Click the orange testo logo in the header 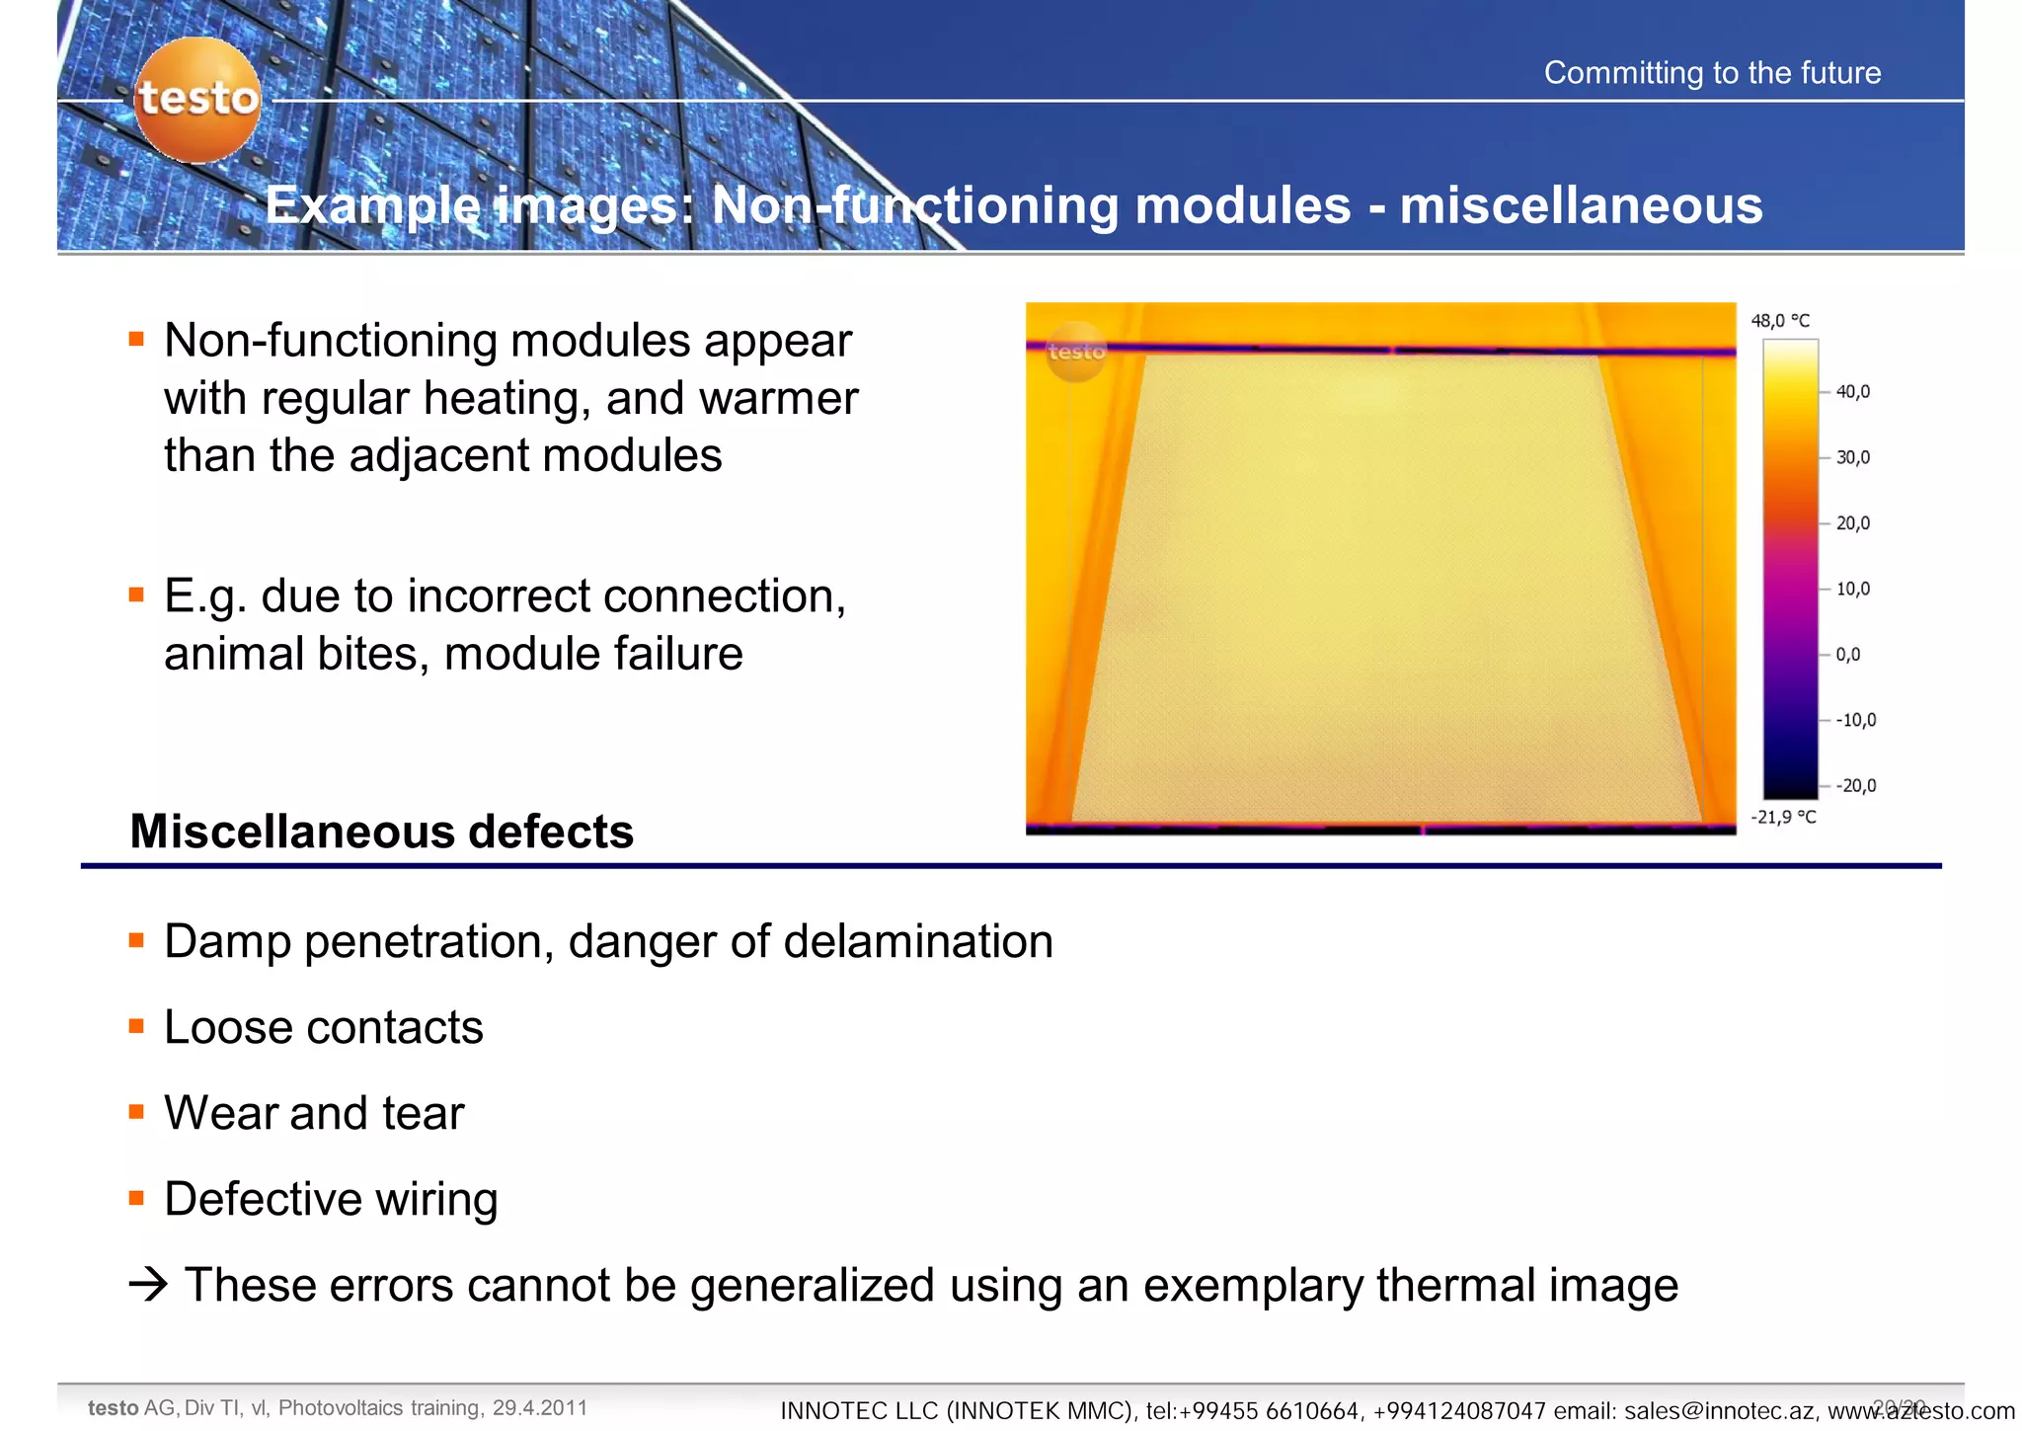tap(197, 99)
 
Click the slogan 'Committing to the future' tap(1712, 73)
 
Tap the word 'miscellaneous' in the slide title tap(1581, 205)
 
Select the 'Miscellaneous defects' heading tap(381, 832)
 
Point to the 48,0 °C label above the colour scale tap(1780, 321)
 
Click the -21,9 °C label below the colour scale tap(1783, 817)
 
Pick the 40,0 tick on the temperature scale tap(1852, 392)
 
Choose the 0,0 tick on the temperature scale tap(1848, 655)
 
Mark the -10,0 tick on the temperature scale tap(1855, 720)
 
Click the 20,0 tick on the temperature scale tap(1852, 523)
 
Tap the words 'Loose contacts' tap(324, 1027)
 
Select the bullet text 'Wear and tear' tap(314, 1113)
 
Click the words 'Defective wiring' tap(331, 1199)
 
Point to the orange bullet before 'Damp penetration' tap(137, 940)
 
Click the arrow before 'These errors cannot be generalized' tap(148, 1285)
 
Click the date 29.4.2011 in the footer tap(540, 1407)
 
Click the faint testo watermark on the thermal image tap(1075, 352)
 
